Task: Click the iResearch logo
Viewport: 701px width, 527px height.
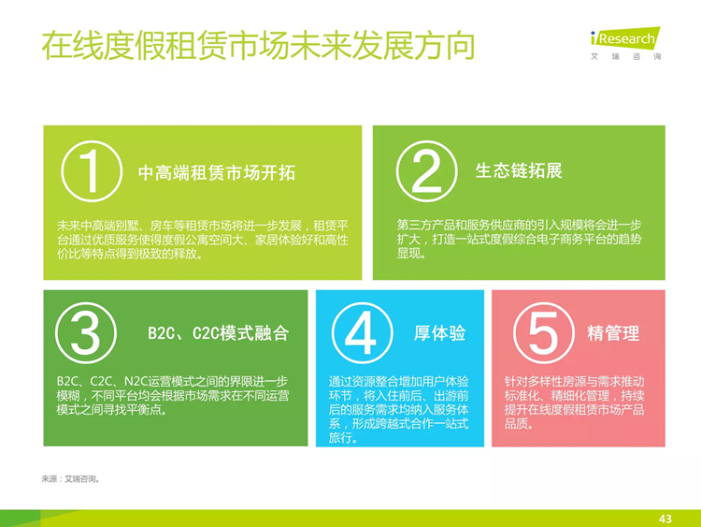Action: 625,38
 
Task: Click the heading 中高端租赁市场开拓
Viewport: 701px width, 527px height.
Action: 217,173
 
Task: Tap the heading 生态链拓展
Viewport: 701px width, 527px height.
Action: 519,170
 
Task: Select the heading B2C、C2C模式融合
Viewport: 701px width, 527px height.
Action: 218,333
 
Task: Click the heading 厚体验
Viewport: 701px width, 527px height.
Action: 440,333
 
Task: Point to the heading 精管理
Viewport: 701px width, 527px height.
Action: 613,333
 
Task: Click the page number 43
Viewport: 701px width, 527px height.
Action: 665,519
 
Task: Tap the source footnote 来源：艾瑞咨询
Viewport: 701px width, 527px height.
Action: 70,479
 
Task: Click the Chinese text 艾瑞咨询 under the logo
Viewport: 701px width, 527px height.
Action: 625,56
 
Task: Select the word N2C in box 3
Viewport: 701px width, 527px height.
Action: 136,382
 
